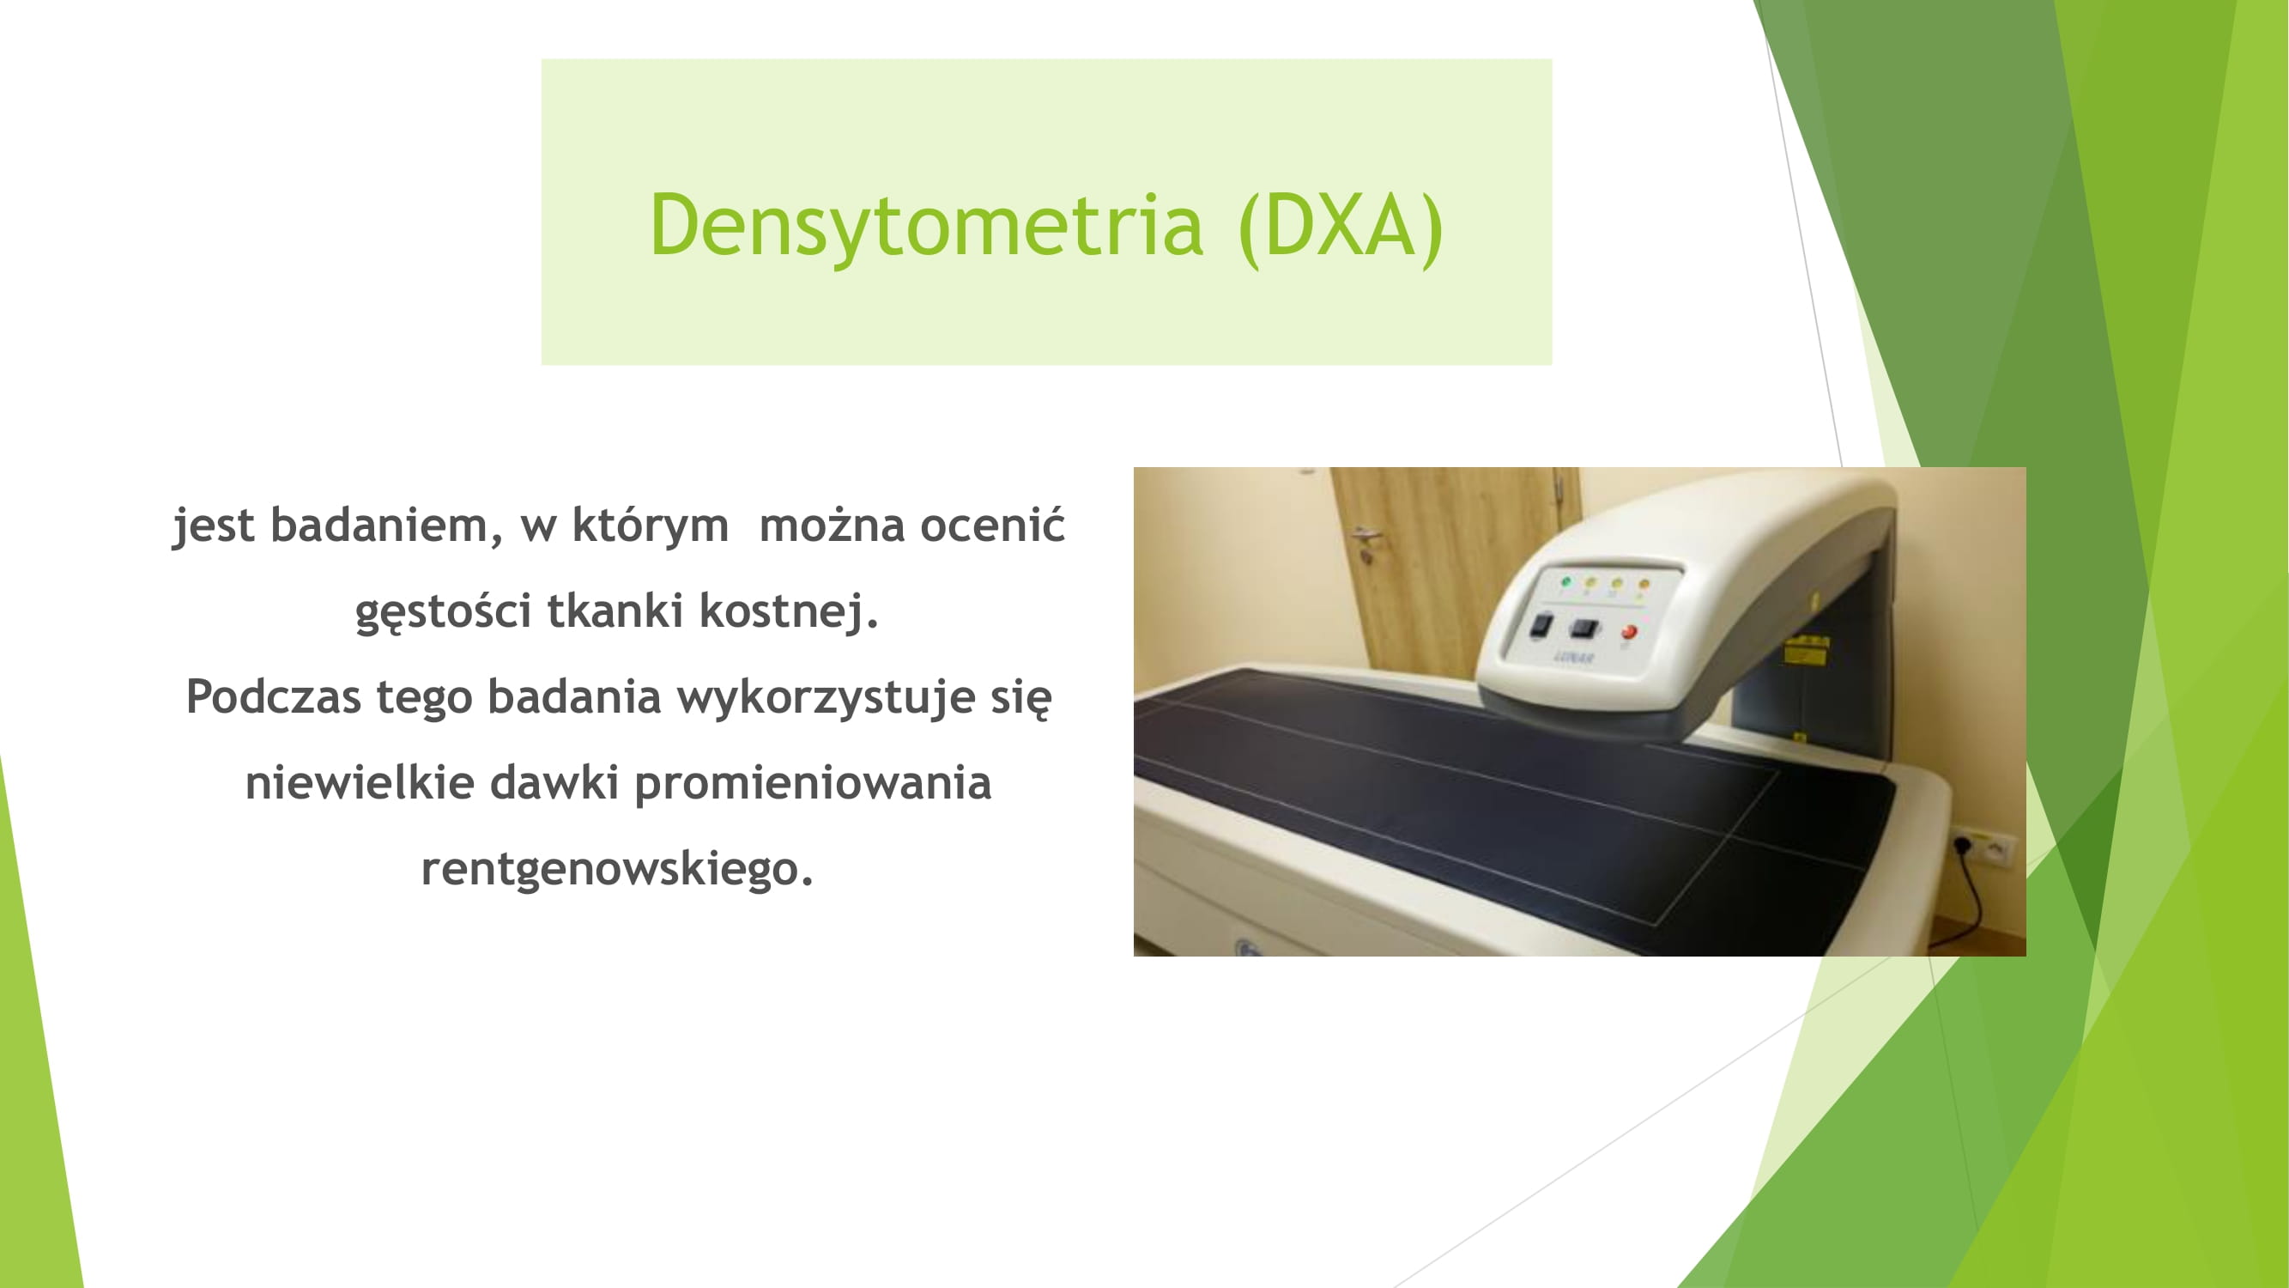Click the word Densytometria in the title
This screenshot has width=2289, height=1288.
tap(926, 227)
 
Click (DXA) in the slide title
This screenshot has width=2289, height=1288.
tap(1340, 227)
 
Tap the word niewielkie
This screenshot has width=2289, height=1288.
tap(360, 782)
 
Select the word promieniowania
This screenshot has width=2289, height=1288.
tap(813, 784)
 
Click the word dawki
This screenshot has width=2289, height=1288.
tap(554, 782)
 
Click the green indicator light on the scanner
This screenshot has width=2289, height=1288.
tap(1565, 582)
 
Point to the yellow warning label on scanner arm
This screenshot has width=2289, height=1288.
tap(1808, 650)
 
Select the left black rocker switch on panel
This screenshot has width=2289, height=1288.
tap(1541, 625)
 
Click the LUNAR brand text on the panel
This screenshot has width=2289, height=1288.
tap(1575, 657)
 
